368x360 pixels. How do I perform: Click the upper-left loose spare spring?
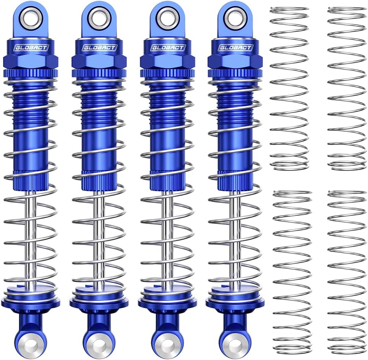(x=289, y=88)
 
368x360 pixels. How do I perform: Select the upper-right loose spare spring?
(x=347, y=88)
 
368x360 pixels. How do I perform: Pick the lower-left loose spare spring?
(x=292, y=272)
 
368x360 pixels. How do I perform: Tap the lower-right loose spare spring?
(x=347, y=272)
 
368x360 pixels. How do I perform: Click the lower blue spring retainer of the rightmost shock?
(x=233, y=300)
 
